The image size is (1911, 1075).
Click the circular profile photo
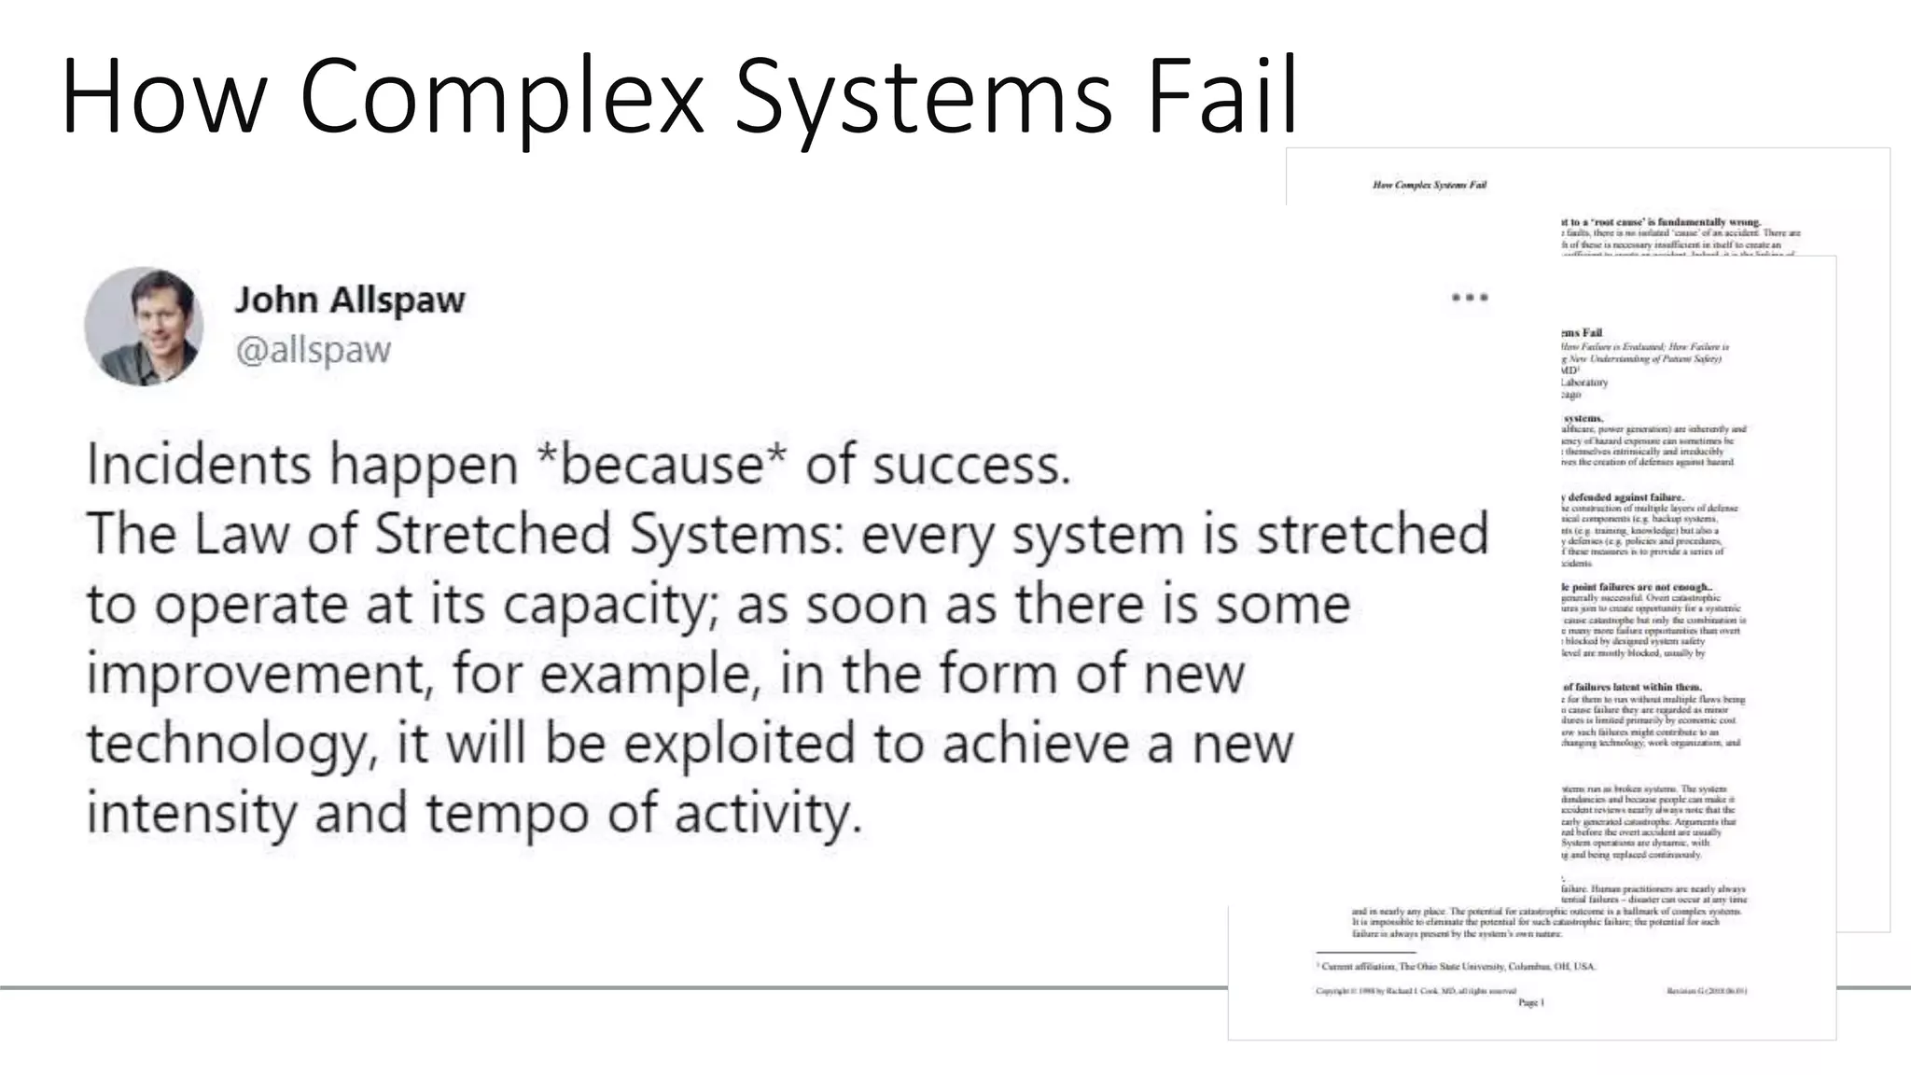pos(144,326)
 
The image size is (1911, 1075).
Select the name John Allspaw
pos(349,300)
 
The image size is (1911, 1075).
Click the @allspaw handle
pos(313,351)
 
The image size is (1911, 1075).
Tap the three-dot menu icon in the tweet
pos(1470,298)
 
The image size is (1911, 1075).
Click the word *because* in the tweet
pos(663,465)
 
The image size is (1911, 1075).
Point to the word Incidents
pos(197,465)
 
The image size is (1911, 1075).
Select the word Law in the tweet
pos(243,534)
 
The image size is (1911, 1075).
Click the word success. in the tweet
pos(971,465)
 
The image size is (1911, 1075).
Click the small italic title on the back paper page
pos(1429,185)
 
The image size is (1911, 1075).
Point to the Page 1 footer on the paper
pos(1531,1002)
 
